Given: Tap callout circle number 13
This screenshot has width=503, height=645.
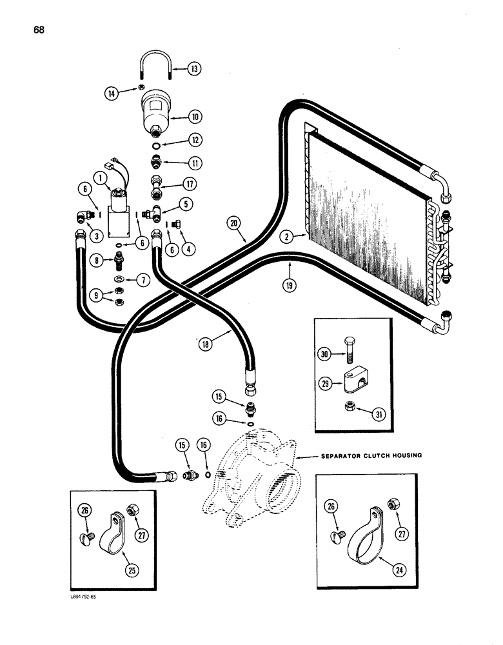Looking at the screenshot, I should coord(194,68).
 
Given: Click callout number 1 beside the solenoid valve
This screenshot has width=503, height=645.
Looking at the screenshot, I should coord(99,175).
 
